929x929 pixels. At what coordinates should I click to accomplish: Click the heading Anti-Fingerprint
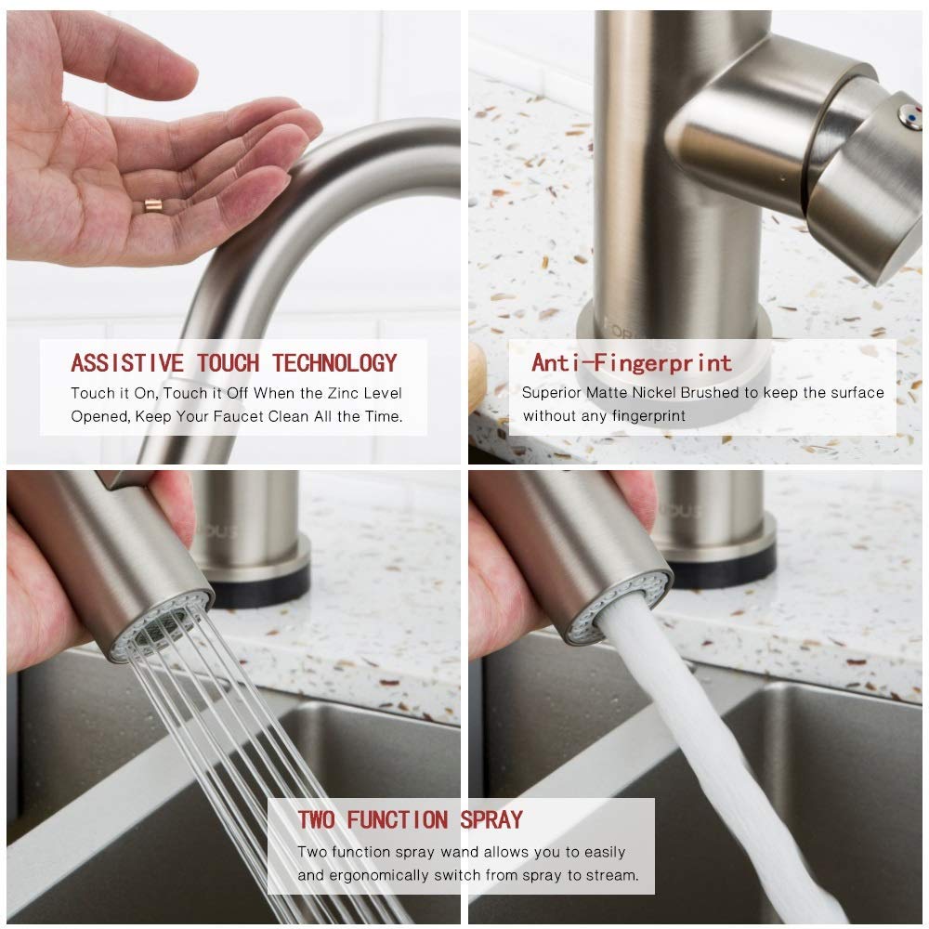pos(632,362)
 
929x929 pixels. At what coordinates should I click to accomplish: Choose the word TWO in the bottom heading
pos(318,819)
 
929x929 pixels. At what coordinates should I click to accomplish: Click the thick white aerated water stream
pos(706,743)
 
